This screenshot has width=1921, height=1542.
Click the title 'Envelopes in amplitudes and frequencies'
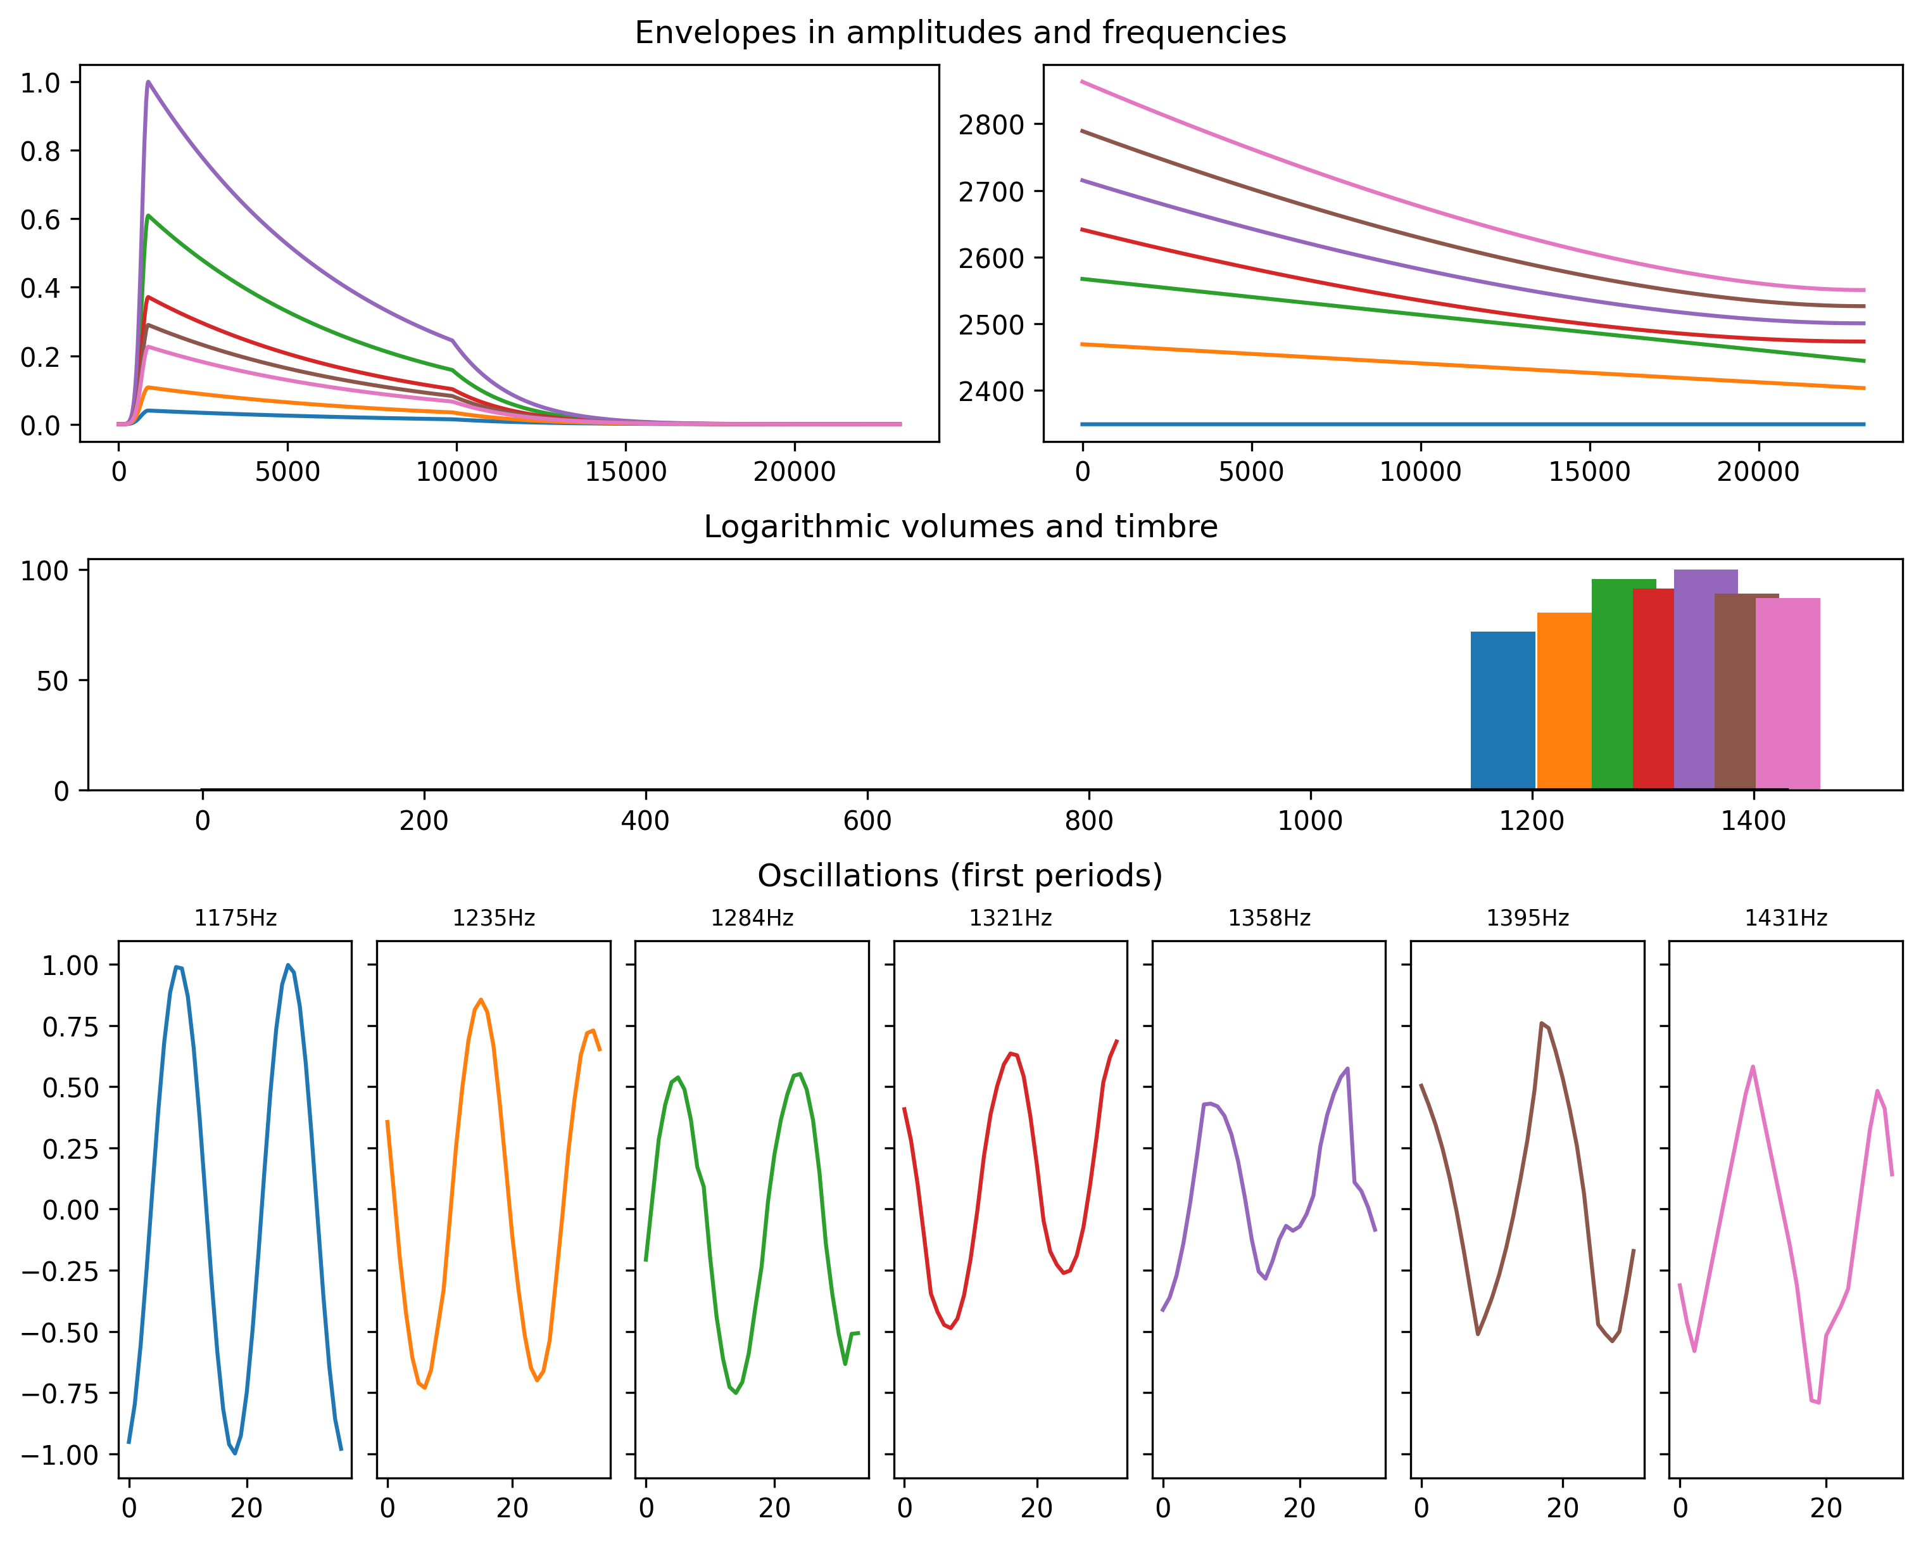click(x=960, y=33)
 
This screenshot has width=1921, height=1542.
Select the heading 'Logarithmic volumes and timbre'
click(x=960, y=526)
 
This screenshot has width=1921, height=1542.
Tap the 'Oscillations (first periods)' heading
click(x=960, y=876)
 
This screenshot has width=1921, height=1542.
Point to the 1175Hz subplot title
click(x=236, y=918)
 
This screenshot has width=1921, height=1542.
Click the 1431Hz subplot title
click(x=1786, y=918)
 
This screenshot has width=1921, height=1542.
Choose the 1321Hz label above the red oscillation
click(x=1011, y=918)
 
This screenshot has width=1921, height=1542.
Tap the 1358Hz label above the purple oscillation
click(x=1269, y=918)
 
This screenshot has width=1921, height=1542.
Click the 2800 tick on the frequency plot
click(x=991, y=125)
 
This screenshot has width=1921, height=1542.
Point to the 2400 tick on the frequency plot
click(x=991, y=392)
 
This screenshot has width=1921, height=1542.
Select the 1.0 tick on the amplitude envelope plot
click(x=39, y=83)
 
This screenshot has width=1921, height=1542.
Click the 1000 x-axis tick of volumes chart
click(x=1310, y=820)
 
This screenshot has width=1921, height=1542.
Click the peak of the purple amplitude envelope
click(x=148, y=82)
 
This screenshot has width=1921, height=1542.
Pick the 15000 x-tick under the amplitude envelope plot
click(x=626, y=471)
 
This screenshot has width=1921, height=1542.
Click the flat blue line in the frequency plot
click(x=1470, y=424)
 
